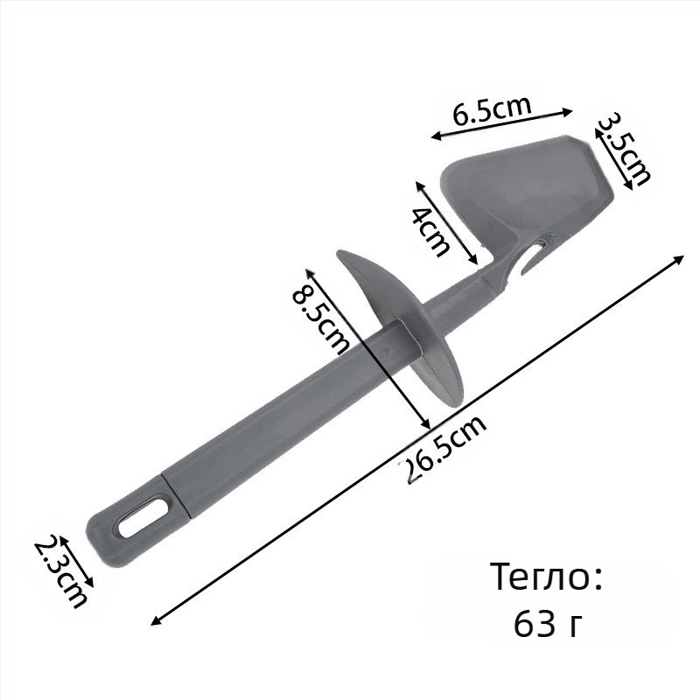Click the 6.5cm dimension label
click(x=492, y=110)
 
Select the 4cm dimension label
click(x=430, y=231)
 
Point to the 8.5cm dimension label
click(x=319, y=319)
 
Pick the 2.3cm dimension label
click(x=60, y=573)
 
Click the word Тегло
click(x=547, y=577)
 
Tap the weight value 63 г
click(x=549, y=624)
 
